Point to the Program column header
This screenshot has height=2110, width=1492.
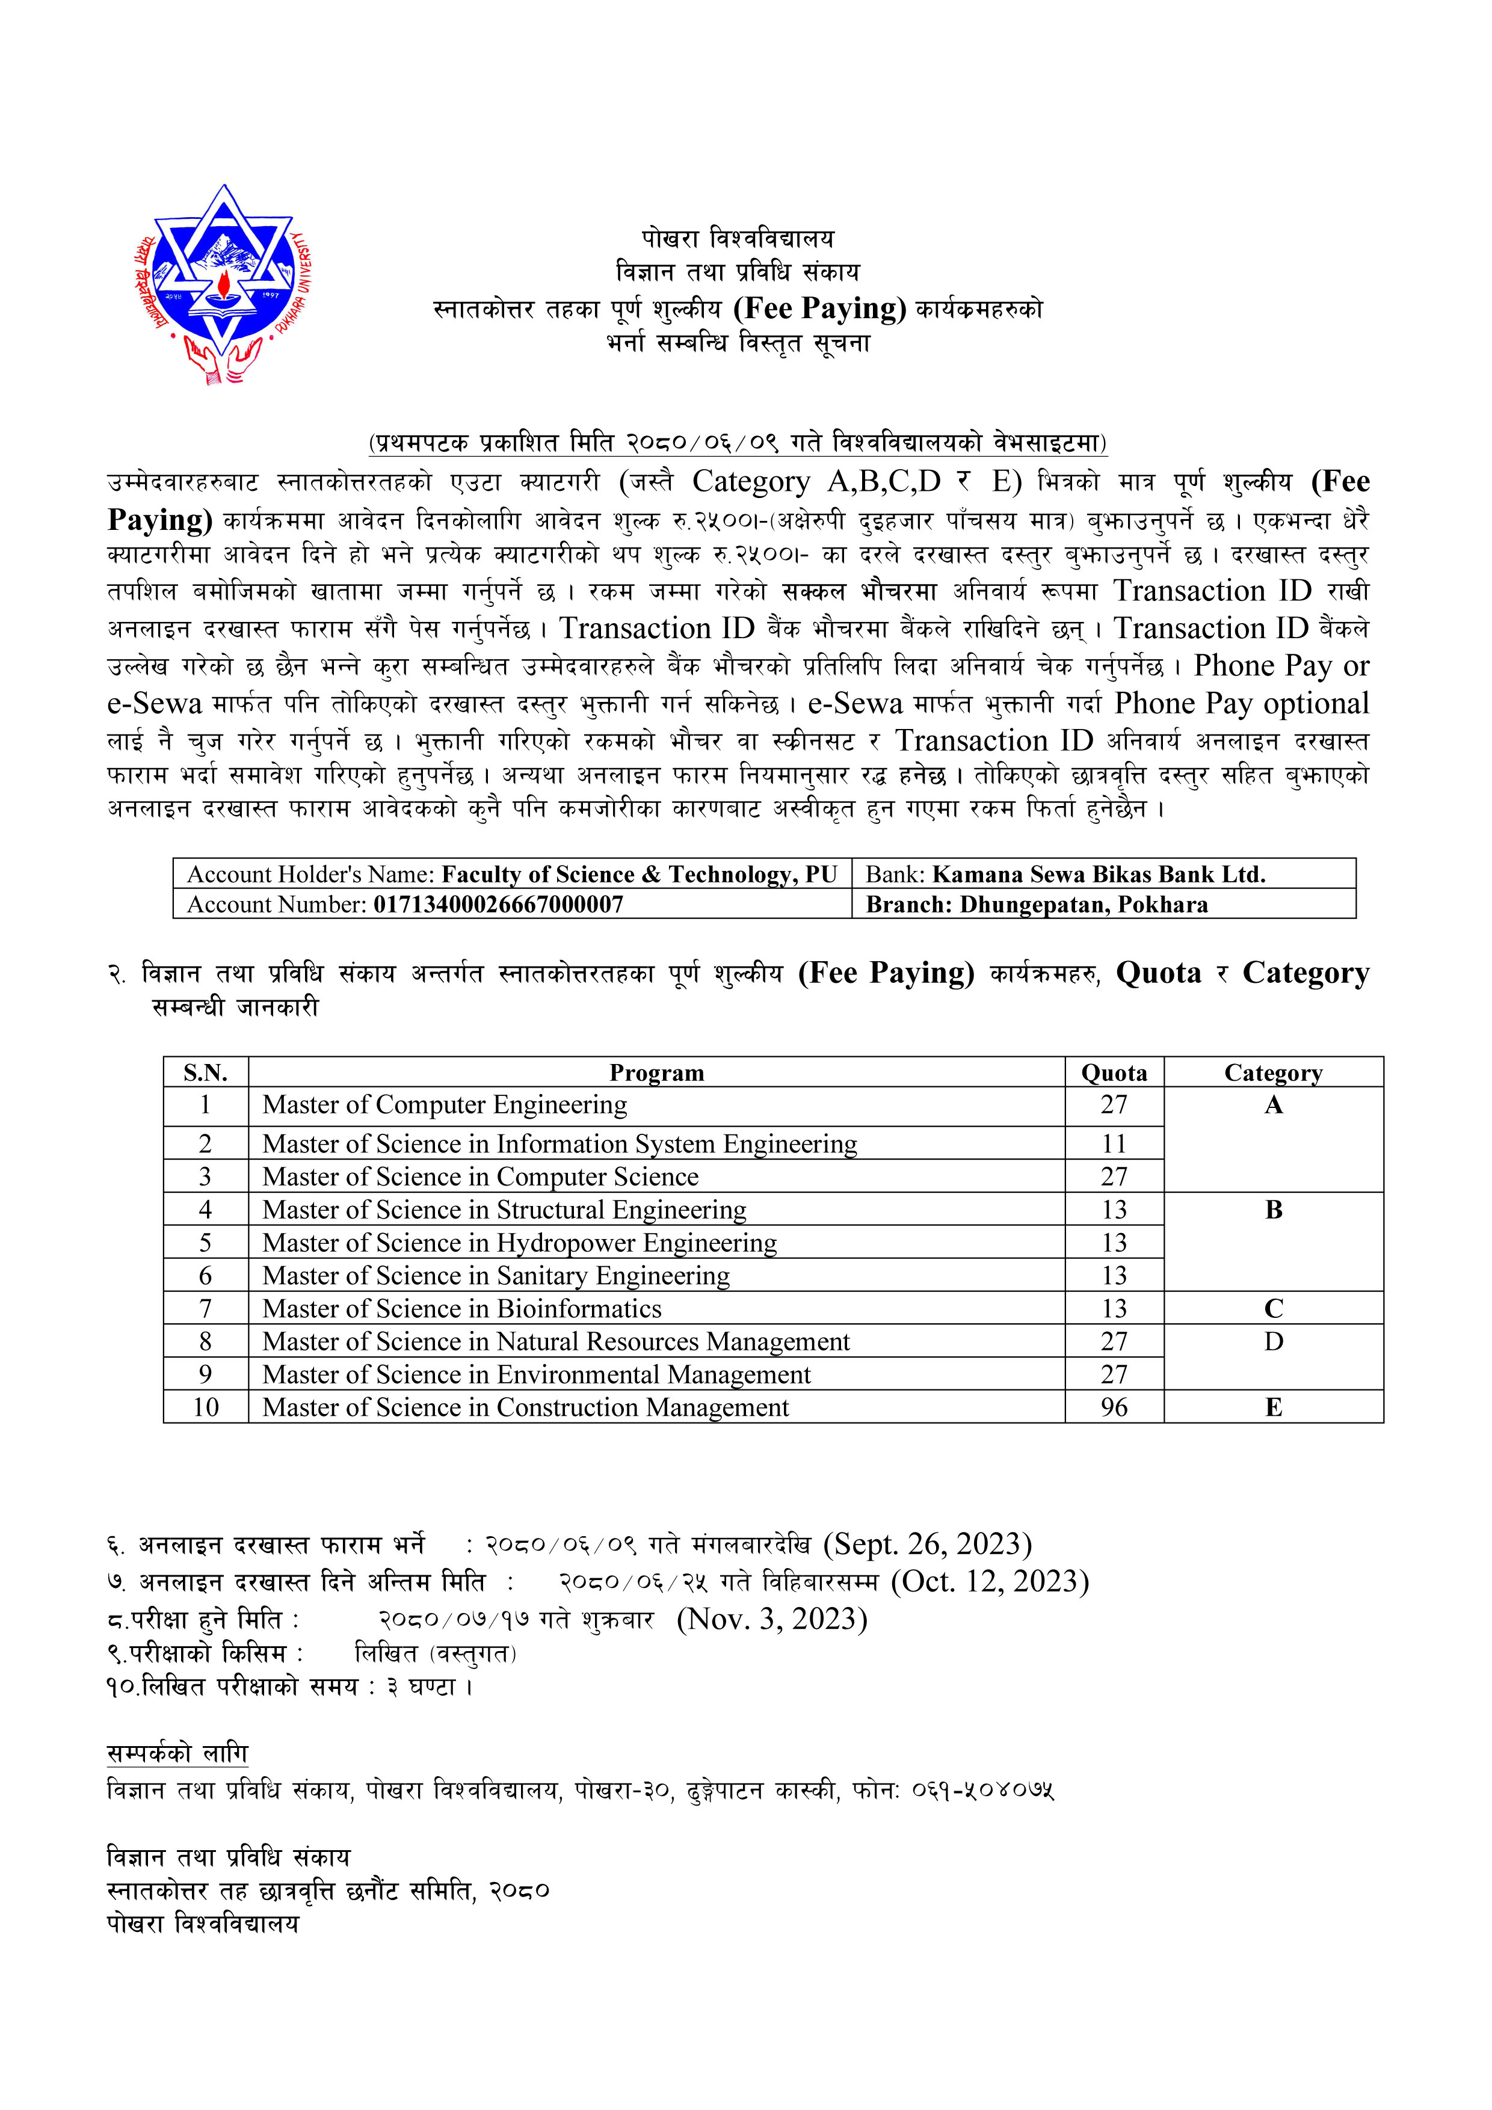(656, 1072)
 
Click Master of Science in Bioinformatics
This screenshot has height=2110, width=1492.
(461, 1309)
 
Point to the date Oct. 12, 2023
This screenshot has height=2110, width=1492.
(990, 1581)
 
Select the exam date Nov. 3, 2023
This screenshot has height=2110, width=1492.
(772, 1619)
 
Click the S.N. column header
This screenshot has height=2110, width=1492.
(205, 1072)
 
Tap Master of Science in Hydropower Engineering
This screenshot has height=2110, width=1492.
(519, 1243)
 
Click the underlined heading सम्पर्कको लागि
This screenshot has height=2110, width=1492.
(177, 1753)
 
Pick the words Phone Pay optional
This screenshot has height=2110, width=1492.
(1241, 703)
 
